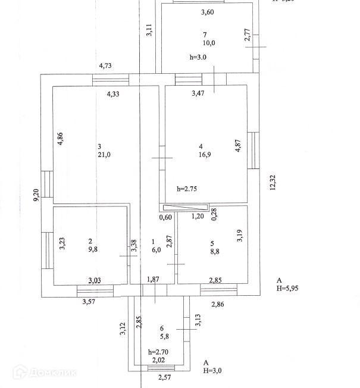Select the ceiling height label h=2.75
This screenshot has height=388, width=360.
tap(187, 189)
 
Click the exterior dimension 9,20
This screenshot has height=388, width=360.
tap(36, 195)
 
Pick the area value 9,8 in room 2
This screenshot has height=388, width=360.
tap(92, 250)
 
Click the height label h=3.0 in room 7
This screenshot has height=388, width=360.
tap(198, 58)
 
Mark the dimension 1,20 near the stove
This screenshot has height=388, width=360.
tap(198, 217)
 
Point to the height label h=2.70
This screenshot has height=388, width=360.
tap(158, 352)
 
